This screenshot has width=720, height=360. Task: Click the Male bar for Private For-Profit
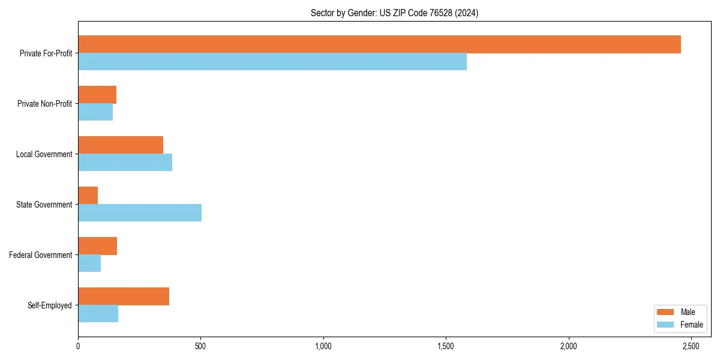tap(379, 44)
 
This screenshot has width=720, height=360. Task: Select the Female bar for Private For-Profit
tap(272, 62)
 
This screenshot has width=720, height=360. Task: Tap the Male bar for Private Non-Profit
tap(97, 95)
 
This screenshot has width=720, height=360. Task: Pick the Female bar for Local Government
tap(125, 163)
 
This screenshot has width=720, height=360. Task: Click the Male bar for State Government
tap(88, 196)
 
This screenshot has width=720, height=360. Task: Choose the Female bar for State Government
tap(140, 213)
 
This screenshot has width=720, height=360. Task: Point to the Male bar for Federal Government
tap(97, 246)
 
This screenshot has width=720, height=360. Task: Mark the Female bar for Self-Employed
tap(98, 314)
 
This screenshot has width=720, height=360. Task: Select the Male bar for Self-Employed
tap(124, 296)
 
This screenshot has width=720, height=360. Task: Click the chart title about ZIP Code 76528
tap(394, 13)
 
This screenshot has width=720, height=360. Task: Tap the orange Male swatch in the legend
tap(666, 312)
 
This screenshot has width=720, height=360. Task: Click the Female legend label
tap(691, 325)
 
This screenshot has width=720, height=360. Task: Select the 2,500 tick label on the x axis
tap(691, 347)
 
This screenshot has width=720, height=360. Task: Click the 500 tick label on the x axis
tap(200, 347)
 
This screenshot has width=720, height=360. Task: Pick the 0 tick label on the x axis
tap(78, 347)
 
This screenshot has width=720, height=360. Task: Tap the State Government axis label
tap(44, 205)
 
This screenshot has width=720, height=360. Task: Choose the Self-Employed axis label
tap(49, 305)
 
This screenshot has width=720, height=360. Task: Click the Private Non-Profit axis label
tap(44, 104)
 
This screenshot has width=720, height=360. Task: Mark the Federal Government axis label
tap(41, 255)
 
